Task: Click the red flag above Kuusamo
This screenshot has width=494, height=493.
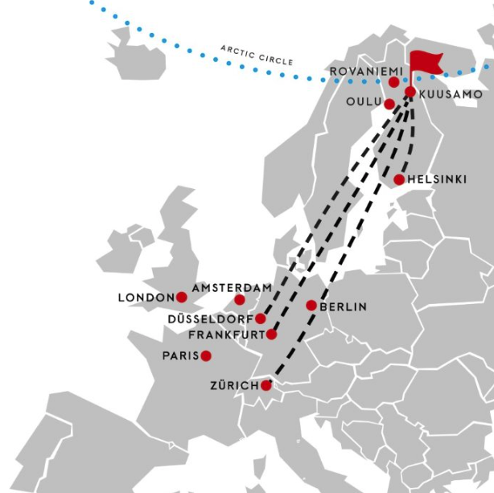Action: click(426, 63)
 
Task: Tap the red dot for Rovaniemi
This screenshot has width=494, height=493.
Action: click(394, 82)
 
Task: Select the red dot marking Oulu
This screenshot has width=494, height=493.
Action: click(389, 104)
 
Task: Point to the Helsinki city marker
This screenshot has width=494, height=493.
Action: click(399, 179)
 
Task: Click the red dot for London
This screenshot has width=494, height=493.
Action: click(182, 297)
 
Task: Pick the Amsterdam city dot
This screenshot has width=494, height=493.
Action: click(239, 300)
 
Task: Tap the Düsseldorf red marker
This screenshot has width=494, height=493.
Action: click(260, 318)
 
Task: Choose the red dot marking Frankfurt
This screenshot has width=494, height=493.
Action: click(271, 334)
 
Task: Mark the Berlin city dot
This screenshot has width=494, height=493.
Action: click(311, 306)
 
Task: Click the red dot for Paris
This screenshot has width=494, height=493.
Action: click(206, 355)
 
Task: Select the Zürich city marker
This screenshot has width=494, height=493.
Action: click(266, 385)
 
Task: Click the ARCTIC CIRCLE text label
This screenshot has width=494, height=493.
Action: click(257, 55)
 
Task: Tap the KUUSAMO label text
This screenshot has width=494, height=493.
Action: click(451, 95)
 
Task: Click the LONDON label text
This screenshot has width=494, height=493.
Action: click(146, 298)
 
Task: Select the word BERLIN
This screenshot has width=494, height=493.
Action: click(344, 306)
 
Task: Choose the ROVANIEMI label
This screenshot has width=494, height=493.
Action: click(358, 72)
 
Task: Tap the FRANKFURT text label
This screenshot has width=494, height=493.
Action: click(227, 335)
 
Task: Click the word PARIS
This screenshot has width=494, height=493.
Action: click(180, 356)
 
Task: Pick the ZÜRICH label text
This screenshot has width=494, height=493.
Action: click(233, 386)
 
